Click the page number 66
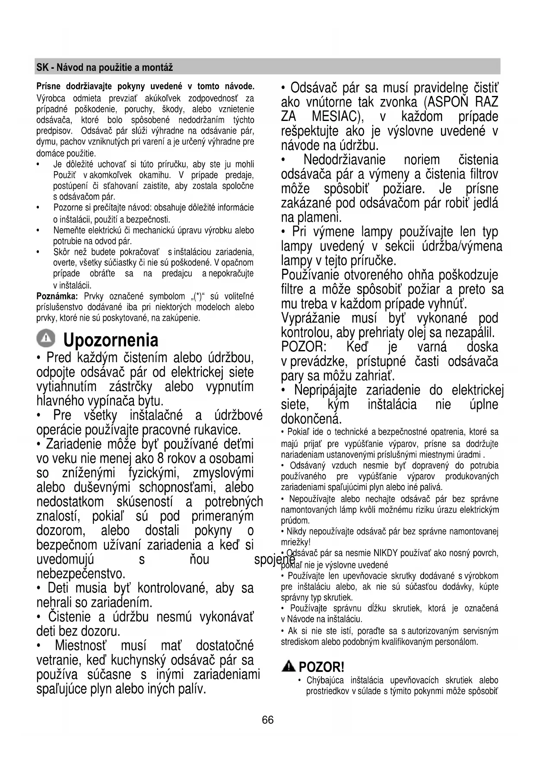click(268, 720)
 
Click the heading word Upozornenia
click(111, 340)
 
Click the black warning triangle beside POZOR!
click(289, 666)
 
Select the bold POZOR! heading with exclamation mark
click(321, 667)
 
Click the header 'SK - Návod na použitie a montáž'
click(105, 67)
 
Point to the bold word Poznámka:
click(57, 296)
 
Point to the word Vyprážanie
click(311, 318)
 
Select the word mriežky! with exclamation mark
click(295, 542)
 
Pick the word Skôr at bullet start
click(62, 252)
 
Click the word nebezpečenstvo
click(81, 574)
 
